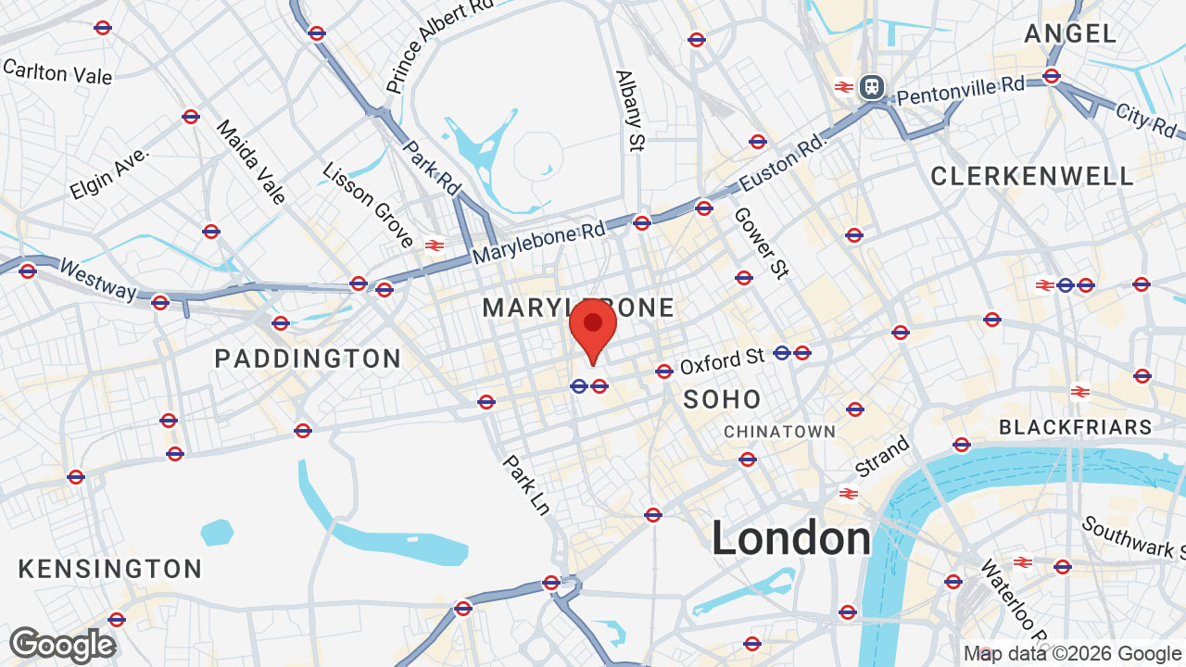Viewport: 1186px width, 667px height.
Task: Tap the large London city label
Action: [791, 538]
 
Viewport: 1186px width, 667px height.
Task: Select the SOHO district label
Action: [722, 399]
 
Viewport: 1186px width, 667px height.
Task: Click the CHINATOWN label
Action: [779, 432]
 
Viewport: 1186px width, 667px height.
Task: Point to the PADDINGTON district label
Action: [308, 359]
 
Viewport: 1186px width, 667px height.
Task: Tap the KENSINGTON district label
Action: [110, 568]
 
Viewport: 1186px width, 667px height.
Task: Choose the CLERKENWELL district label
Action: [1032, 176]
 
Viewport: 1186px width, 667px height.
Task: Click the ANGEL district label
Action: [1070, 34]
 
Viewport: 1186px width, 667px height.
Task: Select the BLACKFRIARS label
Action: [1075, 427]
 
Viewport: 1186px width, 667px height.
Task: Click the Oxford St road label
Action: [722, 360]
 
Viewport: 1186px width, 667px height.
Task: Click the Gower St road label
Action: [761, 242]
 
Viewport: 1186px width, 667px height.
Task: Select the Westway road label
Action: [97, 278]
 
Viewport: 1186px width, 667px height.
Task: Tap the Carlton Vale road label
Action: [57, 71]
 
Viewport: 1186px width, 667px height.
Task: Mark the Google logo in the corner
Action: [62, 645]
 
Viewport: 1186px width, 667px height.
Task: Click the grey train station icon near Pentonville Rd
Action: [871, 87]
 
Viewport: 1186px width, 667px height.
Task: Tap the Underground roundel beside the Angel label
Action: [1051, 76]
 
